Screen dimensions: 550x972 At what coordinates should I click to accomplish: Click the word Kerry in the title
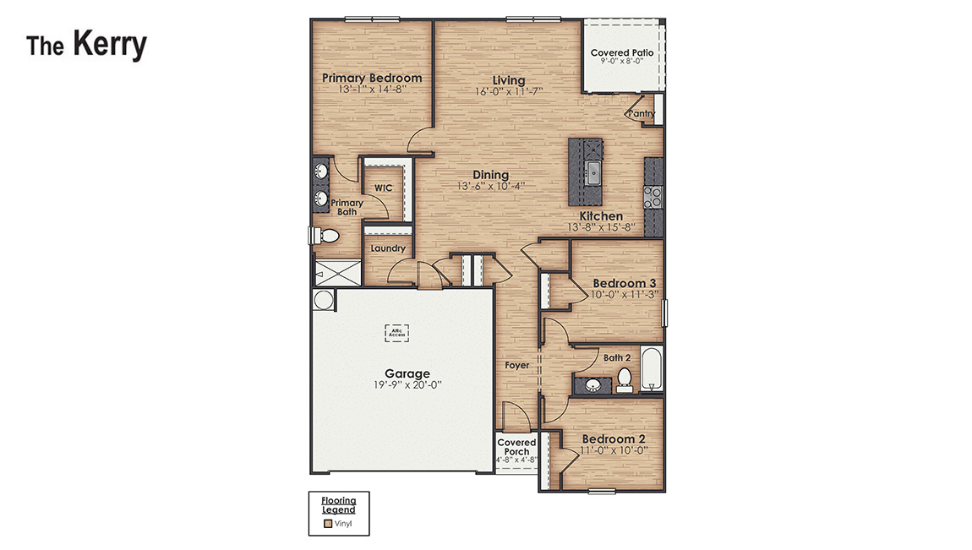[x=109, y=44]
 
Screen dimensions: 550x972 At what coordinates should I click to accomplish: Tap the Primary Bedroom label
[x=372, y=79]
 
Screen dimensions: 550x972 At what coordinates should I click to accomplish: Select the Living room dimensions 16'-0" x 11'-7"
[x=508, y=91]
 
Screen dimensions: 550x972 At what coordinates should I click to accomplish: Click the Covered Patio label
[x=621, y=52]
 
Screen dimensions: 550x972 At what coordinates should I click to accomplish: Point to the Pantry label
[x=642, y=113]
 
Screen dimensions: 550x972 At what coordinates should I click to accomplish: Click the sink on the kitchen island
[x=593, y=173]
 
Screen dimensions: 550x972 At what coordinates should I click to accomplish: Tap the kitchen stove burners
[x=653, y=197]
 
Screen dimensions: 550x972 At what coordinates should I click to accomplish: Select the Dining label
[x=490, y=175]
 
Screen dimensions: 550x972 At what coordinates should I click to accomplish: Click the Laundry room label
[x=388, y=248]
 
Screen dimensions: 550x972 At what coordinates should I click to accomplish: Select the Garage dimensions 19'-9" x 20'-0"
[x=407, y=384]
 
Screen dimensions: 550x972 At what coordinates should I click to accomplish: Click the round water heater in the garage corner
[x=323, y=300]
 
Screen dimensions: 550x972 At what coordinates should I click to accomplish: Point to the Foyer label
[x=516, y=366]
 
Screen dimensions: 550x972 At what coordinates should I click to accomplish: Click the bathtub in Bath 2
[x=651, y=369]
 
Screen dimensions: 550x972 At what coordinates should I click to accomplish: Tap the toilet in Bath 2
[x=624, y=378]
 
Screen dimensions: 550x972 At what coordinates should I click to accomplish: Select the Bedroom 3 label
[x=625, y=283]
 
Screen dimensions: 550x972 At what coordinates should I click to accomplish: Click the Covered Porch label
[x=516, y=447]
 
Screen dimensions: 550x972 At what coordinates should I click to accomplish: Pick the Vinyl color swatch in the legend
[x=328, y=524]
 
